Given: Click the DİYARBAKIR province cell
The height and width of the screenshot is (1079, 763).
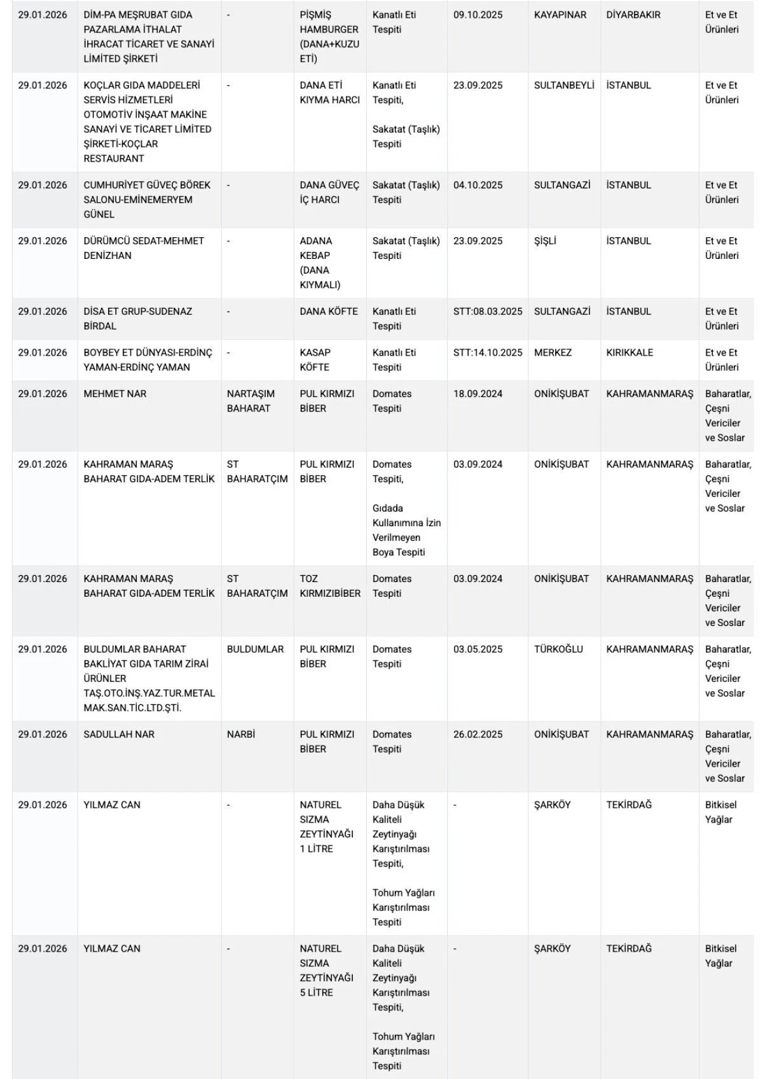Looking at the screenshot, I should (x=633, y=15).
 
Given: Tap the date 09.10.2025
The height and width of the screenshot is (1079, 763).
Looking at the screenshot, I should (x=478, y=15).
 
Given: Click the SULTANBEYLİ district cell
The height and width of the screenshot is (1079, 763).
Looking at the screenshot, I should (x=564, y=85).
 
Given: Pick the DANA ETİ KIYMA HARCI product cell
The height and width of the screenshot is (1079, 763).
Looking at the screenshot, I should (x=329, y=93).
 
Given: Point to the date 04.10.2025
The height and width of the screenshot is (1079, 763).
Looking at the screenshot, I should (x=478, y=185).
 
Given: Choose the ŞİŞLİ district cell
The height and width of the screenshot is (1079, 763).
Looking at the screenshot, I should (x=545, y=241).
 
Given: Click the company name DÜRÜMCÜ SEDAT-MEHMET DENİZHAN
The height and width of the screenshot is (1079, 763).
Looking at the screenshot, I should (x=144, y=248).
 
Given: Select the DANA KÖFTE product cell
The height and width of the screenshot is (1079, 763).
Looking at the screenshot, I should (x=329, y=312).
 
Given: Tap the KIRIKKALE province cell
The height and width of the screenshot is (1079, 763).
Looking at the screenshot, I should (x=629, y=352).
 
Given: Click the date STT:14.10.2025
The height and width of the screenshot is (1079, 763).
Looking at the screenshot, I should (x=488, y=352).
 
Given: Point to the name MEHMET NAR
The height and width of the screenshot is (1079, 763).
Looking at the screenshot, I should (x=115, y=394).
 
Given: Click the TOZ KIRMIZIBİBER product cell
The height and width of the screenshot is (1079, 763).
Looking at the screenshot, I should (x=330, y=586).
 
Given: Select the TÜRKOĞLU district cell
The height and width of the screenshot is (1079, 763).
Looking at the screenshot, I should (x=558, y=650).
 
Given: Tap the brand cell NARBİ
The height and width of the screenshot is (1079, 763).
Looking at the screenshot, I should (x=241, y=734).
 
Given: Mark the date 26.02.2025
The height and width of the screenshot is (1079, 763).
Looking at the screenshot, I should (x=478, y=734).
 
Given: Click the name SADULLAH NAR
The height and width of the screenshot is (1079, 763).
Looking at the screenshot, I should (x=119, y=734).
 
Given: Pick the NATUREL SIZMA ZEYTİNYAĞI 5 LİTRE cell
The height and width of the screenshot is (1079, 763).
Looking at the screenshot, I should (x=327, y=970).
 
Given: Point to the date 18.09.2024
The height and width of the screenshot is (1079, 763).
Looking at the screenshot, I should (x=478, y=394).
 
